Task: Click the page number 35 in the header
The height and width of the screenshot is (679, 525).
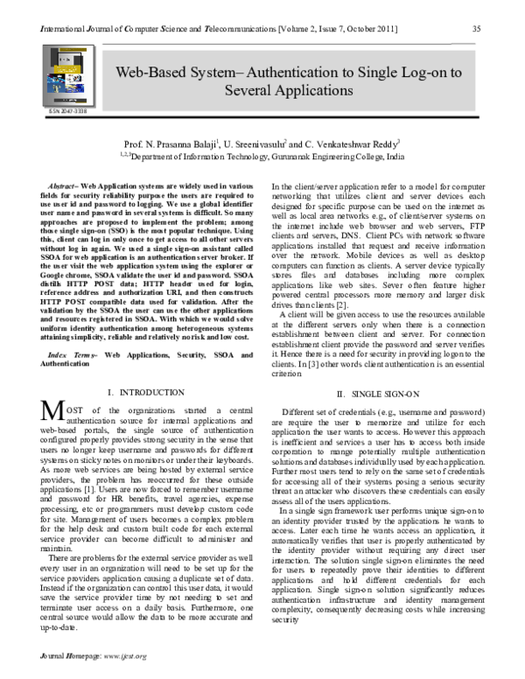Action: pyautogui.click(x=477, y=29)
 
